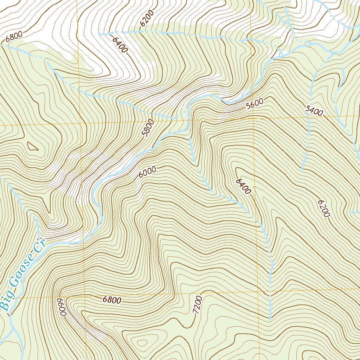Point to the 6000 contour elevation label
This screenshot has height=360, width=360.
click(x=147, y=172)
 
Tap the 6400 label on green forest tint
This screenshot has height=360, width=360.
click(x=243, y=186)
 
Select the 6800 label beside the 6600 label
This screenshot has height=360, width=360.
click(x=112, y=300)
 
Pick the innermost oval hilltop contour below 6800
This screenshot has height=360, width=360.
click(x=142, y=342)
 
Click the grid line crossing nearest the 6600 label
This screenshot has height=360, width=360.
click(x=85, y=296)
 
